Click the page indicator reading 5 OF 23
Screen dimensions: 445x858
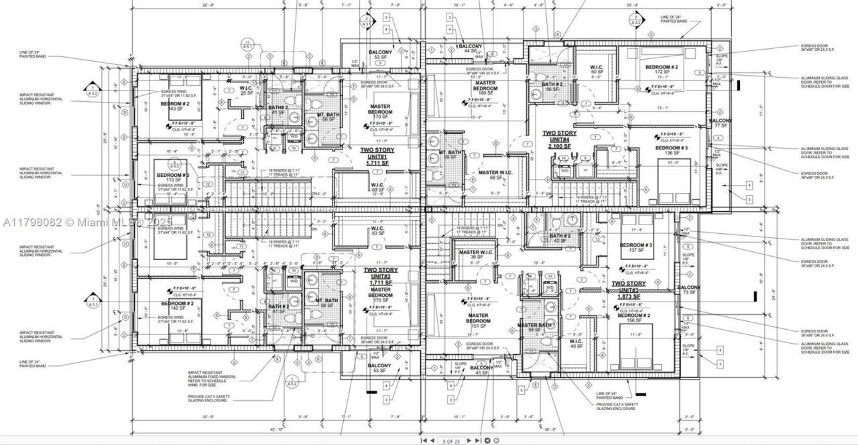coord(451,440)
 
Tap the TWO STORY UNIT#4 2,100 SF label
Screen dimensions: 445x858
coord(559,139)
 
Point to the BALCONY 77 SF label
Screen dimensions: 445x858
coord(721,123)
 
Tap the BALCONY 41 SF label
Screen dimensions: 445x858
coord(481,371)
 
